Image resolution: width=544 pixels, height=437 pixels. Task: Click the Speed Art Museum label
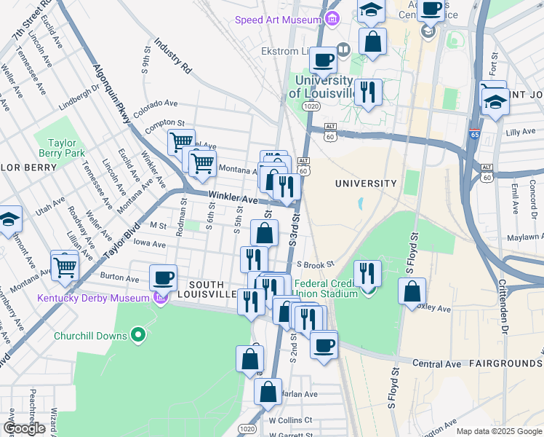278,20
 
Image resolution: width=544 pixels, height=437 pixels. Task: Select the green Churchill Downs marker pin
138,336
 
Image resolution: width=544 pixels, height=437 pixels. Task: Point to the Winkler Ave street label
233,198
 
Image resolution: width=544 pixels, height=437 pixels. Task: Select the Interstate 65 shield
474,135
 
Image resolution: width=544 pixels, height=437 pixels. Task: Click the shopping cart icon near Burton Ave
65,267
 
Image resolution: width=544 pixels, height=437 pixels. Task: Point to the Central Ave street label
437,363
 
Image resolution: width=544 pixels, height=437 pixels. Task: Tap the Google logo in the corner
24,428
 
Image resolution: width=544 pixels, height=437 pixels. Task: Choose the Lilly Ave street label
520,132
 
